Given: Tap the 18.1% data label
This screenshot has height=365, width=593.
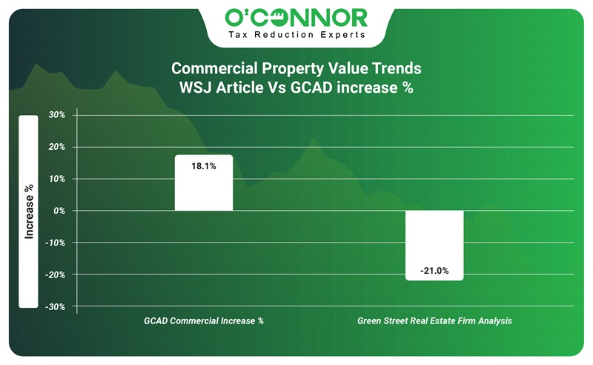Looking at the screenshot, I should click(203, 167).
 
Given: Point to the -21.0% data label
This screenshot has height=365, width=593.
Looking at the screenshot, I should click(434, 271).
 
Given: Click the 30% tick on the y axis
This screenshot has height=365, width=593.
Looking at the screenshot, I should click(57, 115).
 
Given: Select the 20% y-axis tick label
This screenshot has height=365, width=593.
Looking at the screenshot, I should click(57, 147).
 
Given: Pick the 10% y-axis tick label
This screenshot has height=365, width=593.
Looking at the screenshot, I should click(57, 179).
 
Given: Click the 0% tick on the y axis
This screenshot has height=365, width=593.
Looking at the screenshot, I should click(59, 211).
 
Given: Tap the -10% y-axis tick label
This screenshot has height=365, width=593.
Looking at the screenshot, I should click(56, 243).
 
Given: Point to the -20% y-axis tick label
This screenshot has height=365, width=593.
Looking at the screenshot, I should click(56, 274).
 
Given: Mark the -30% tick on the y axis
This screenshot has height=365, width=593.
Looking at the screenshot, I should click(56, 306).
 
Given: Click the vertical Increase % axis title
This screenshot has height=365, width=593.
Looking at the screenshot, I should click(29, 211).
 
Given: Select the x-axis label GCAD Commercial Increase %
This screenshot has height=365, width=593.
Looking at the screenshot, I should click(203, 321).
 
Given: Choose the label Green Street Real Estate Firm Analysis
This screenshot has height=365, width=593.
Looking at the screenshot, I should click(434, 321).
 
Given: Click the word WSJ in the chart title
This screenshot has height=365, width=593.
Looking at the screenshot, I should click(196, 86).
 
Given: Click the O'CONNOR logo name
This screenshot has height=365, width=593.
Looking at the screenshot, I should click(296, 17).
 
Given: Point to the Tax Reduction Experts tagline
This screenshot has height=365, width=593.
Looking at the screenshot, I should click(296, 35).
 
